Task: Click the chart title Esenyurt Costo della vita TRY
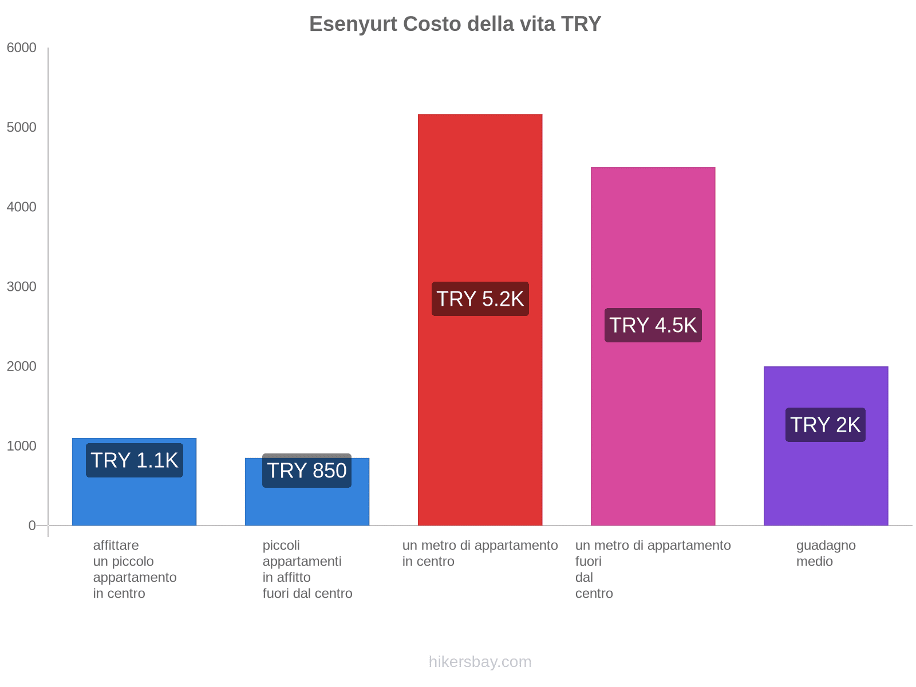[x=455, y=24]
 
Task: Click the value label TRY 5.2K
[x=480, y=299]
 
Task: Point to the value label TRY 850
[x=307, y=471]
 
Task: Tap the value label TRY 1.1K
[x=135, y=460]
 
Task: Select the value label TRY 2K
[x=825, y=425]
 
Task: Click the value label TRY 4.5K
[x=653, y=325]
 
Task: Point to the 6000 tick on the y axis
[x=22, y=48]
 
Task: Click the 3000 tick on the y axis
[x=22, y=287]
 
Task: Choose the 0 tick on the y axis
[x=32, y=526]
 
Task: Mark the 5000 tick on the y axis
[x=22, y=128]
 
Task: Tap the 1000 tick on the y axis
[x=22, y=446]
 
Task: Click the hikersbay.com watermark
[x=480, y=662]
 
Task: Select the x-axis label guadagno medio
[x=826, y=553]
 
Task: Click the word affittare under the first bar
[x=116, y=545]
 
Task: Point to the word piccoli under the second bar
[x=281, y=545]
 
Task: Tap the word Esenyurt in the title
[x=353, y=24]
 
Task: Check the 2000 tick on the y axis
[x=22, y=366]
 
